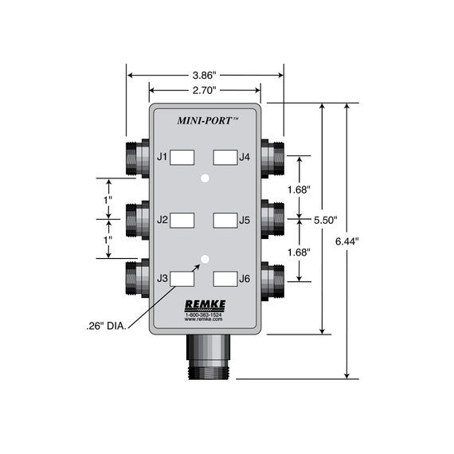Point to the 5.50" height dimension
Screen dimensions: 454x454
[324, 219]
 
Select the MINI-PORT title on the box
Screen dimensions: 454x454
[204, 122]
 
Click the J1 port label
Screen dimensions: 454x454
[162, 157]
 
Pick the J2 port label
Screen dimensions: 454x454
[162, 218]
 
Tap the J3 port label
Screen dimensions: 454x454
[162, 278]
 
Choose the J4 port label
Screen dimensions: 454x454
[246, 157]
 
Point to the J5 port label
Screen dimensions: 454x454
[246, 218]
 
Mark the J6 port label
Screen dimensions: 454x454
[246, 278]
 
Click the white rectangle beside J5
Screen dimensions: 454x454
[225, 218]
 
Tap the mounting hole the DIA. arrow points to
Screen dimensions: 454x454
[205, 259]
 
